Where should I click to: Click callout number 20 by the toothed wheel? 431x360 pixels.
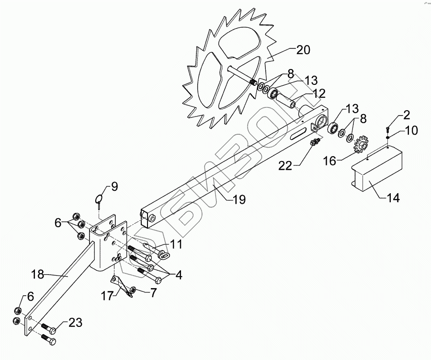[x=303, y=49]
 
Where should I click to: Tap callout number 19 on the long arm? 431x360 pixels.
[x=239, y=199]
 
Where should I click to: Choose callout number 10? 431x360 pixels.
[x=411, y=129]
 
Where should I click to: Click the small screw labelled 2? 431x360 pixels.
[x=388, y=129]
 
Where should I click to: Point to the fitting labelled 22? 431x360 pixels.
[x=314, y=142]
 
